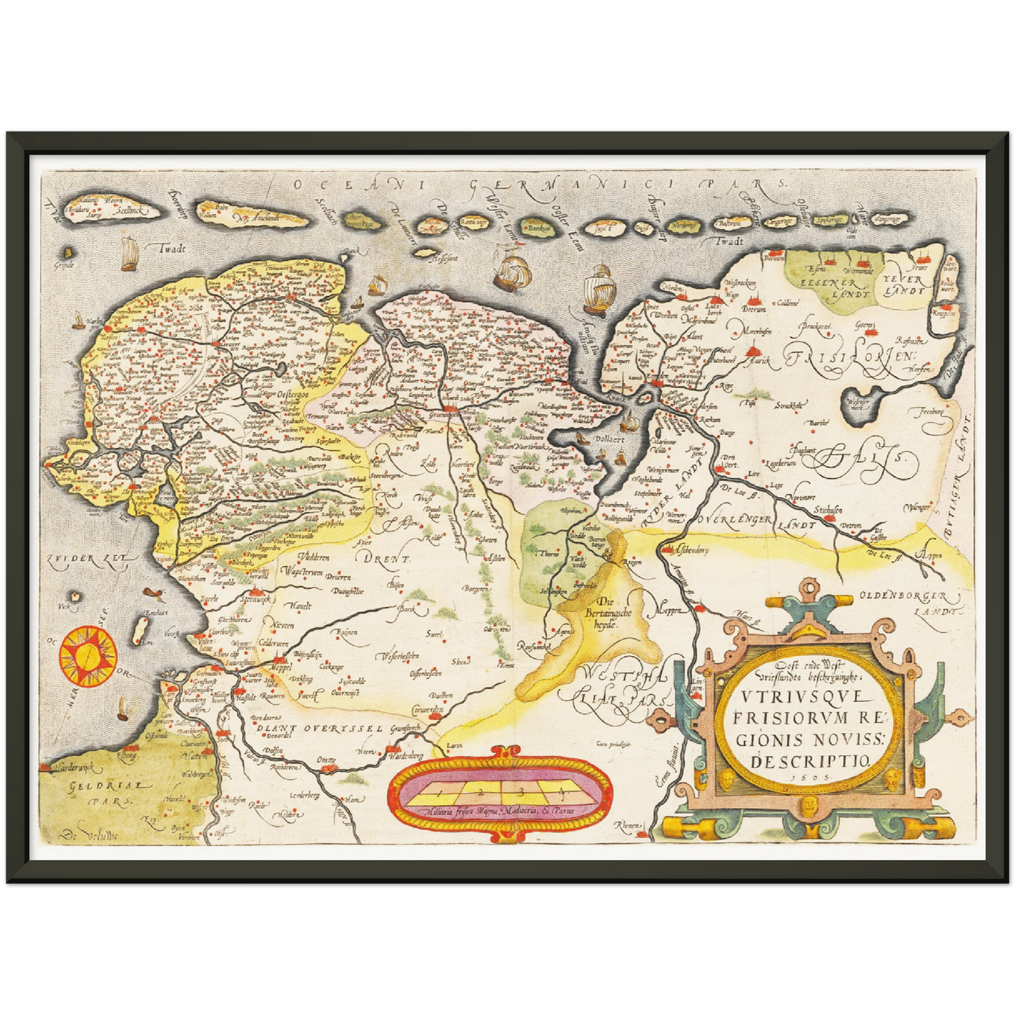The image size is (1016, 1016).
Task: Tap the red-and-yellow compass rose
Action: click(x=87, y=656)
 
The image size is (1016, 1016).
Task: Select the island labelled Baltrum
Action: click(x=730, y=224)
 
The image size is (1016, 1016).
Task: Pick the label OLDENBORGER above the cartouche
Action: click(x=899, y=598)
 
